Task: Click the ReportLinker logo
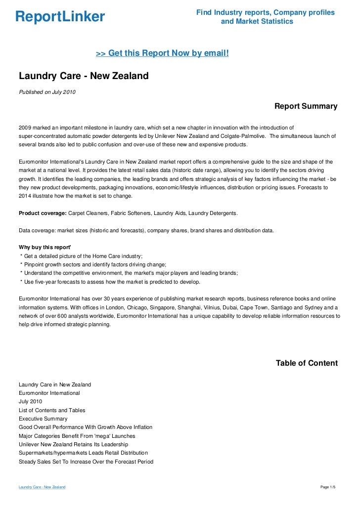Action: [x=60, y=17]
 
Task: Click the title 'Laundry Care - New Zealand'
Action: [x=84, y=76]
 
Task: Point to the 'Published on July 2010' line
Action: [x=47, y=92]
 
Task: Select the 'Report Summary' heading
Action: [x=306, y=106]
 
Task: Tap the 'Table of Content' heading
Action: [x=307, y=363]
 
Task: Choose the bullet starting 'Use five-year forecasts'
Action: [x=110, y=282]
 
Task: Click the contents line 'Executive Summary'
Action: [x=43, y=419]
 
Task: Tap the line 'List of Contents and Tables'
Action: [x=52, y=410]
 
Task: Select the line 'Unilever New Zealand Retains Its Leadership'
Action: [x=73, y=445]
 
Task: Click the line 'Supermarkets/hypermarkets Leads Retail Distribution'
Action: [x=83, y=453]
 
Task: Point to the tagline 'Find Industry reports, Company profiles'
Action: [x=265, y=12]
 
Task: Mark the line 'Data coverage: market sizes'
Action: [x=145, y=230]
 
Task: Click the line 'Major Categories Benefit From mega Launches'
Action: [x=77, y=436]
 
